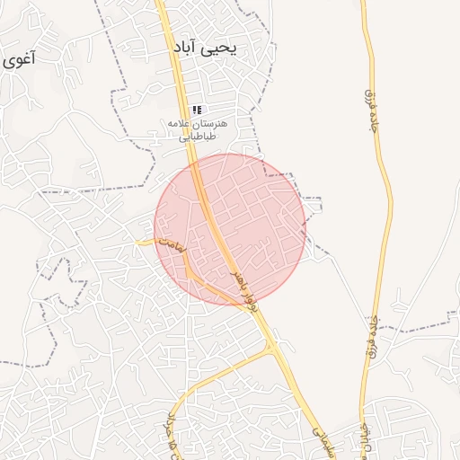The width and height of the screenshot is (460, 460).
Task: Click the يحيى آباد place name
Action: point(205,47)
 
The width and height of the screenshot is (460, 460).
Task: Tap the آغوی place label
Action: point(18,61)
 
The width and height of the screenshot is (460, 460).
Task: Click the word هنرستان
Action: point(210,122)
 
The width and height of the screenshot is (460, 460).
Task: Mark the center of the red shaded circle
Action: point(230,228)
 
